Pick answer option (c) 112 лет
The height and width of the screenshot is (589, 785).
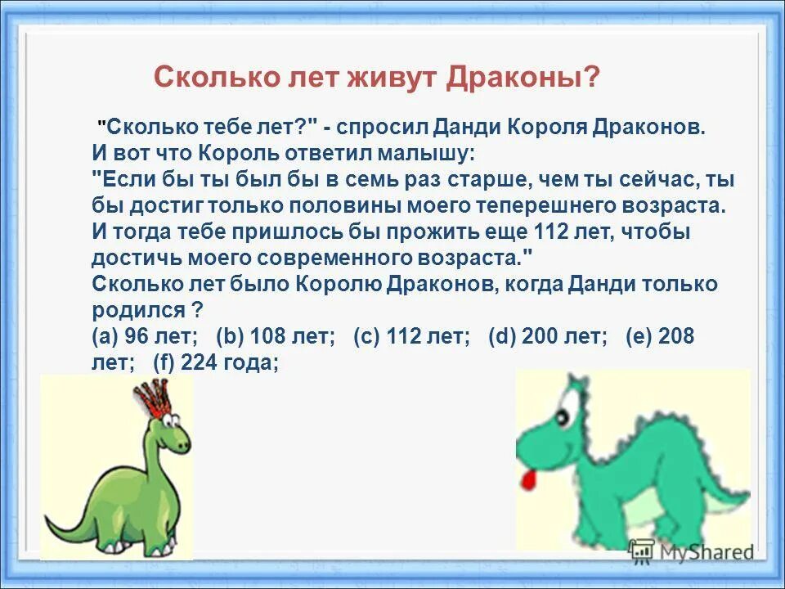411,337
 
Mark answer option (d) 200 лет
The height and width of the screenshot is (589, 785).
548,337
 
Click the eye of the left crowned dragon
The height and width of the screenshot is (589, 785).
171,420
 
